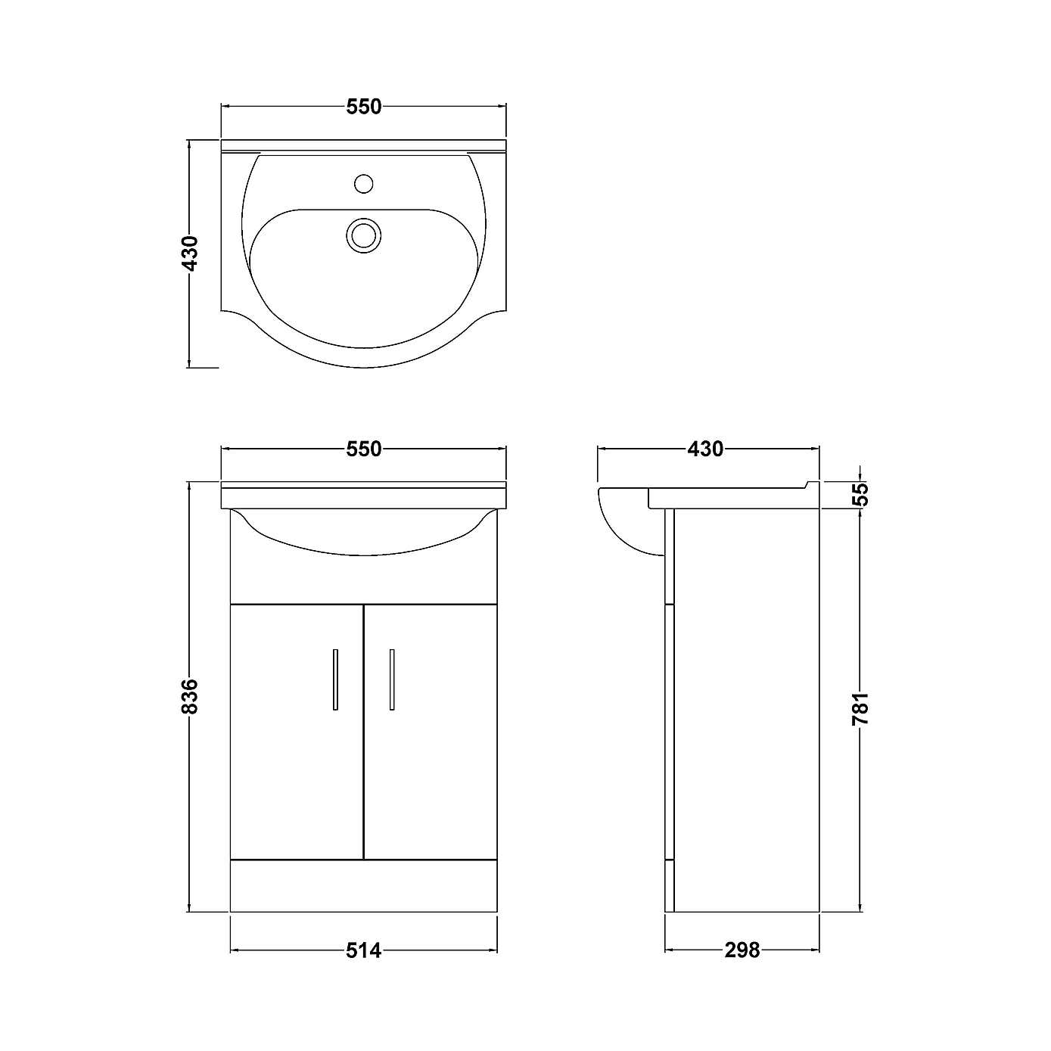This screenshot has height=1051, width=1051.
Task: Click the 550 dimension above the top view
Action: click(x=364, y=107)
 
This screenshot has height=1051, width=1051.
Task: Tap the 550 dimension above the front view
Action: click(x=364, y=449)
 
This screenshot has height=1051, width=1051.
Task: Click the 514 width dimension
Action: click(x=364, y=950)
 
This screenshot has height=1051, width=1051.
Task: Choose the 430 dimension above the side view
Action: click(x=705, y=449)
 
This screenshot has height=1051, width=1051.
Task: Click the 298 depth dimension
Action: click(x=742, y=950)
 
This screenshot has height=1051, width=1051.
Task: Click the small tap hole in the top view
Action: click(x=364, y=183)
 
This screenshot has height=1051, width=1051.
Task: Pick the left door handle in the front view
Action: click(x=335, y=679)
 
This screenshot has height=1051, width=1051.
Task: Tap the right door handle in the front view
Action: click(x=392, y=679)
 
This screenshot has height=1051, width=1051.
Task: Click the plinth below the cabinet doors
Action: click(x=364, y=885)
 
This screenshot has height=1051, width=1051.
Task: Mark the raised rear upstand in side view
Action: click(x=812, y=485)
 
